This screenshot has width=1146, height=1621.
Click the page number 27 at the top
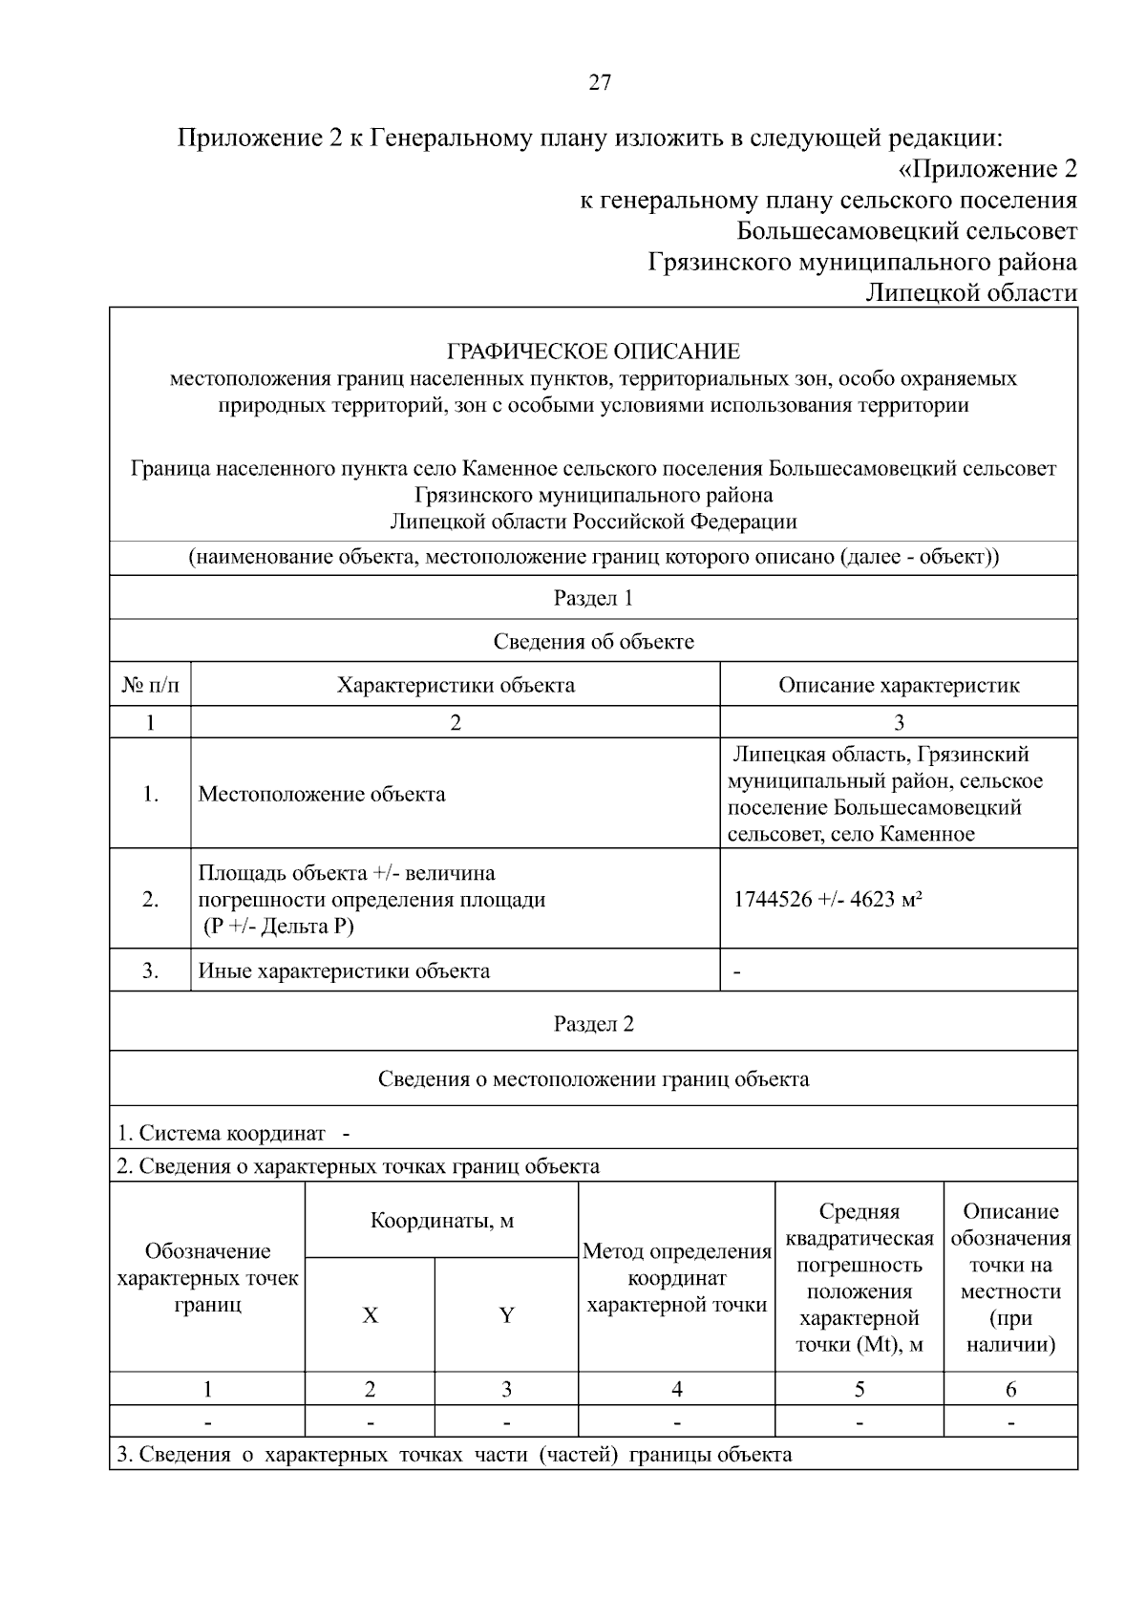tap(599, 82)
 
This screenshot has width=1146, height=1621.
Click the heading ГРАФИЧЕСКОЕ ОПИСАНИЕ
tap(593, 352)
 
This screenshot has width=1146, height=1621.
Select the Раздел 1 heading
tap(593, 599)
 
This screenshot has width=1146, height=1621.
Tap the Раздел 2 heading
tap(593, 1024)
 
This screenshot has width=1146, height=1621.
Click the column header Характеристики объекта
tap(456, 685)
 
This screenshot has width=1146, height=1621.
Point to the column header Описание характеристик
tap(898, 685)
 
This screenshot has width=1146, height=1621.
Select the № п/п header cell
tap(150, 685)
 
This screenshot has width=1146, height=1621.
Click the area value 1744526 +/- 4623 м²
tap(827, 900)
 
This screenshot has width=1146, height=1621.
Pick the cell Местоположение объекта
tap(322, 794)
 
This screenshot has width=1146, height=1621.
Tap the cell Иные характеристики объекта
tap(344, 971)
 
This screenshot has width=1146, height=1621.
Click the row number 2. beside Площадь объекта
tap(150, 900)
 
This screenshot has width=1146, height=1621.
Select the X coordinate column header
tap(370, 1315)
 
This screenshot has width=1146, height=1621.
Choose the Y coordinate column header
tap(506, 1315)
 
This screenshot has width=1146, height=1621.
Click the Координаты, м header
tap(441, 1221)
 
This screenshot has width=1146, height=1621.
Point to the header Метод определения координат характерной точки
tap(676, 1278)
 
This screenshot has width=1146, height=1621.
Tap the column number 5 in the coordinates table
tap(859, 1389)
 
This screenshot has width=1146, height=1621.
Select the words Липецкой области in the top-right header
tap(970, 292)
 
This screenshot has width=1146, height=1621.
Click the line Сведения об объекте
tap(593, 641)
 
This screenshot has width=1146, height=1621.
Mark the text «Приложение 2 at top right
tap(987, 169)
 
